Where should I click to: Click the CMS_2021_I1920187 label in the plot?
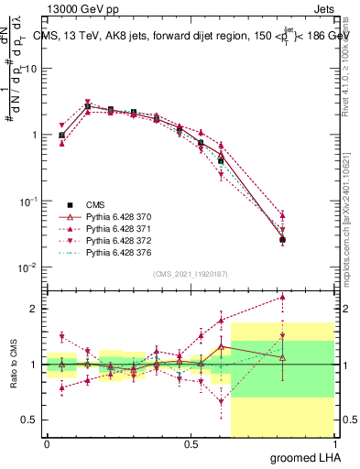tap(190, 273)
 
